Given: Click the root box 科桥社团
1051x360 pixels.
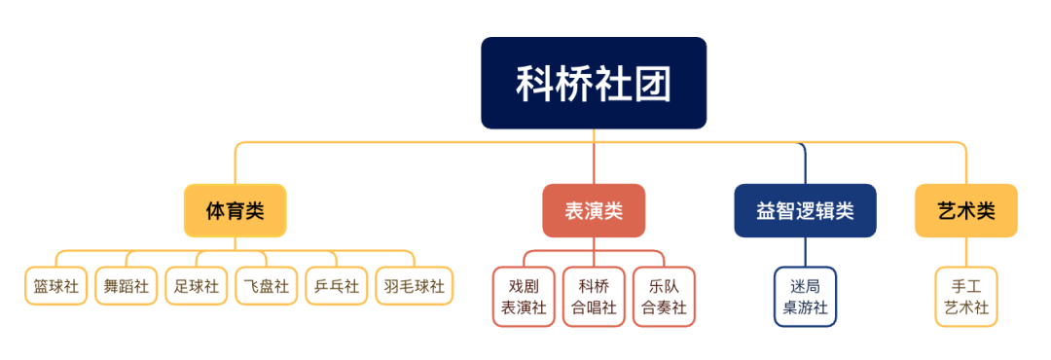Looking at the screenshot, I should click(593, 83).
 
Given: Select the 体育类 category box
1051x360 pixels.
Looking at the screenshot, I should click(235, 210).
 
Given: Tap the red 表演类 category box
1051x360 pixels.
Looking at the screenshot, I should click(593, 210).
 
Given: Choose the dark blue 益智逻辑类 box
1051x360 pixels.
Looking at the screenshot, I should click(804, 210).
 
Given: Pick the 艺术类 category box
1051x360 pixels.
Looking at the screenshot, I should click(965, 210).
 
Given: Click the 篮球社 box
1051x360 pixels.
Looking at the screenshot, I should click(56, 287).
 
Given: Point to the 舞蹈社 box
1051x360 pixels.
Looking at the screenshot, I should click(126, 287).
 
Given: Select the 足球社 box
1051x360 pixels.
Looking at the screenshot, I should click(196, 287).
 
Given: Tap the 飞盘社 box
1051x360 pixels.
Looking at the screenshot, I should click(266, 287).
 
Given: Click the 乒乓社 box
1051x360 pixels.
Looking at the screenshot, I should click(336, 287).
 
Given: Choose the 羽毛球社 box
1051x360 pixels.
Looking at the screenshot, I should click(414, 287).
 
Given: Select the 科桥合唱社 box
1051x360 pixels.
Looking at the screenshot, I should click(594, 297).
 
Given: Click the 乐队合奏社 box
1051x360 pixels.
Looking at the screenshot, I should click(664, 297).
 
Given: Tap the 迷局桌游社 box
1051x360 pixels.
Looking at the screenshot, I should click(805, 297).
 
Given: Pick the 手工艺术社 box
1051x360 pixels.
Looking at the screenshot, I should click(966, 297).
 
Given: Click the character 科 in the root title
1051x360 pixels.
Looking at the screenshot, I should click(534, 84).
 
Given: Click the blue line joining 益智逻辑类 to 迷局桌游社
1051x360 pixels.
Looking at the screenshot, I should click(805, 252).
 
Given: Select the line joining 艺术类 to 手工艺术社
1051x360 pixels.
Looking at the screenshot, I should click(966, 252).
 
